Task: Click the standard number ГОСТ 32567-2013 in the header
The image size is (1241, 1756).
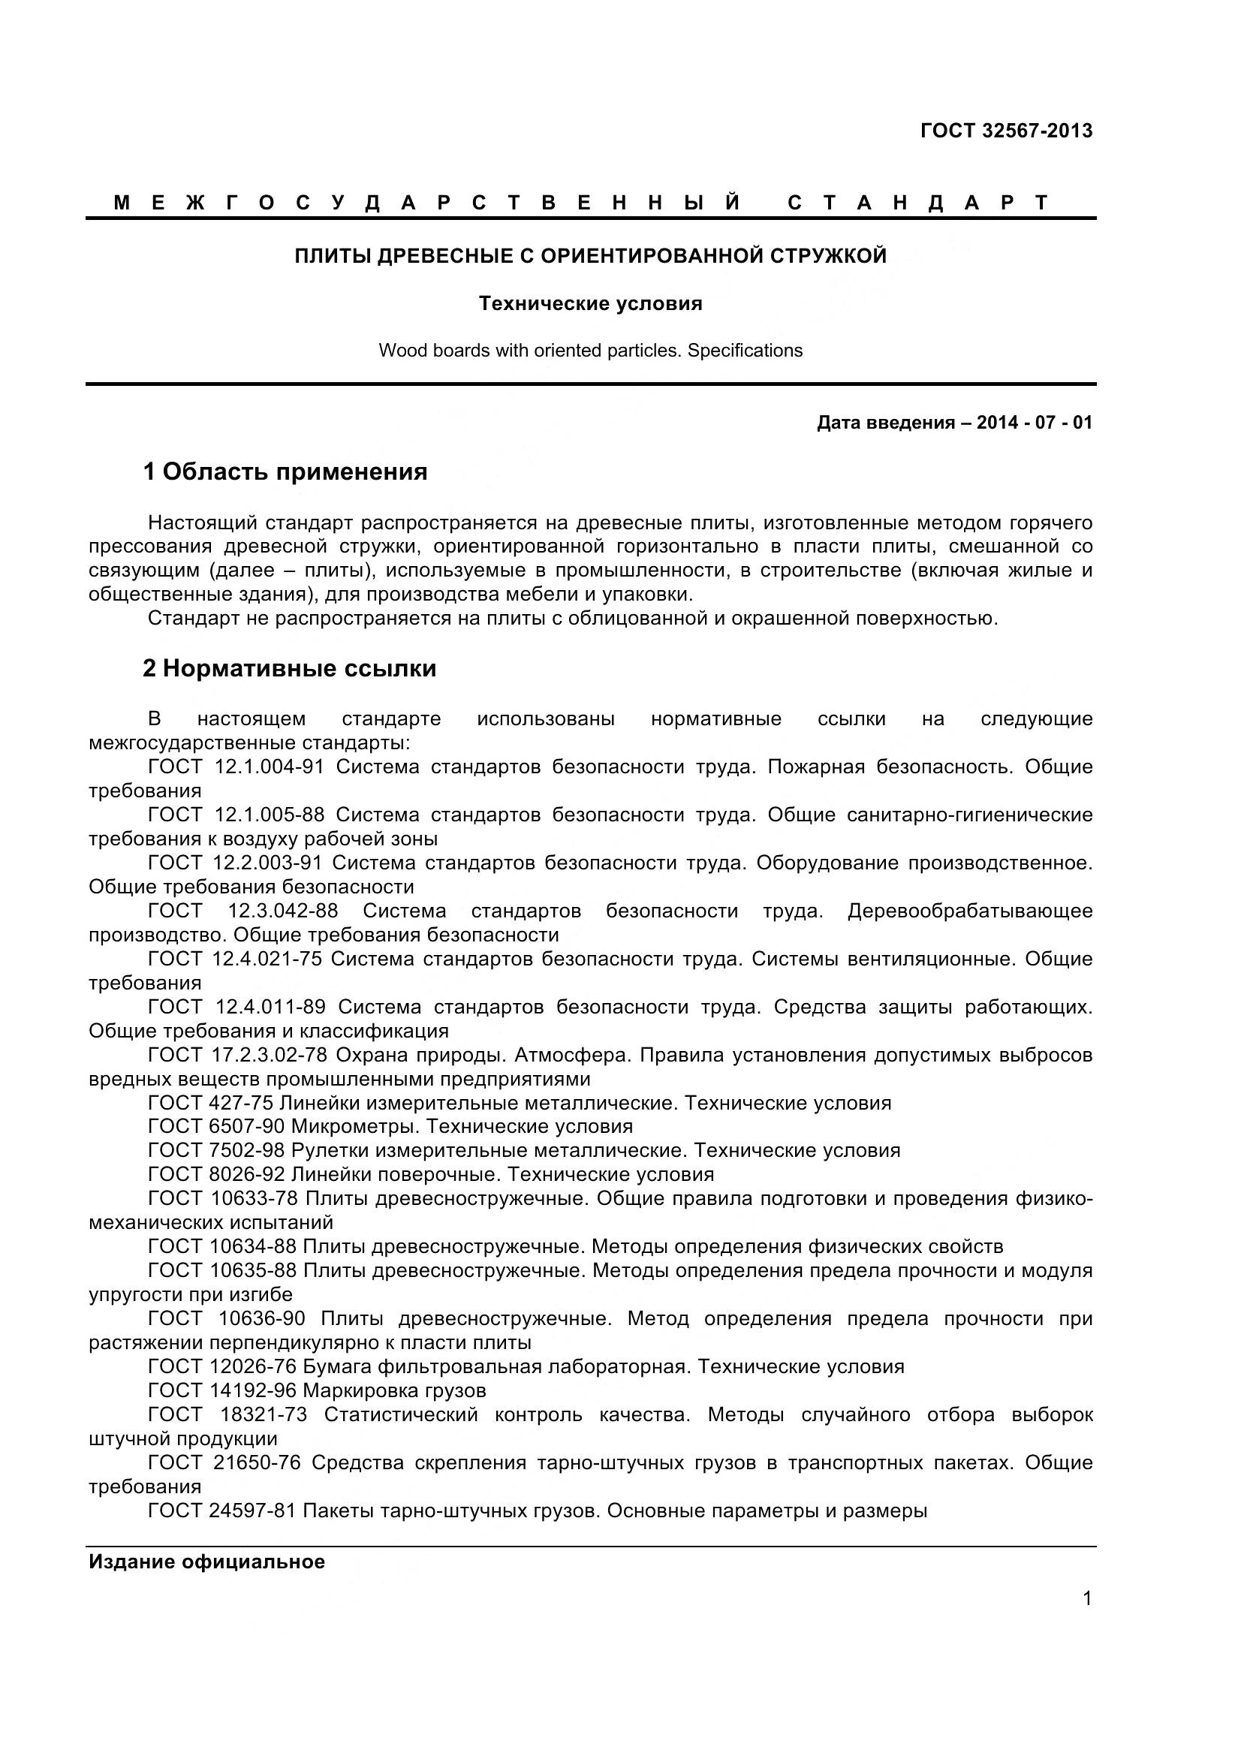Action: [x=1006, y=131]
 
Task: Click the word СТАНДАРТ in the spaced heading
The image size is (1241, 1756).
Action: [x=917, y=203]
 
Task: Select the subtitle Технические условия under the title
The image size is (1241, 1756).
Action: [x=590, y=303]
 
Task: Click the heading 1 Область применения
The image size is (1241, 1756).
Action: [x=285, y=472]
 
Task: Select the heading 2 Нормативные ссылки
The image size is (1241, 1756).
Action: [x=290, y=668]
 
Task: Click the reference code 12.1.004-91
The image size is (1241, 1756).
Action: [x=270, y=767]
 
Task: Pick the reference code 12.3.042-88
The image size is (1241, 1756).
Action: [x=283, y=911]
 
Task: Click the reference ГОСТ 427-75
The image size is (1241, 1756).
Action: [x=210, y=1103]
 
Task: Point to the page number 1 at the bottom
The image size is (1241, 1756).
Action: [x=1087, y=1598]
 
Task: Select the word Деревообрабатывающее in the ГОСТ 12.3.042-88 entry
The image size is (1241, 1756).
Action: [x=969, y=911]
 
